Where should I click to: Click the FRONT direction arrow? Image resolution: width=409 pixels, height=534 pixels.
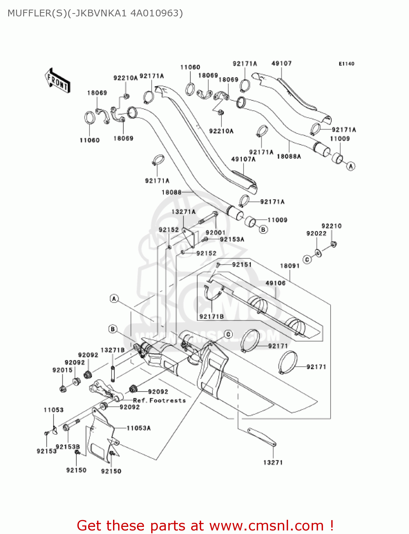coord(57,80)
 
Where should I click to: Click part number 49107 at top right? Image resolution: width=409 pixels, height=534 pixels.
coord(281,63)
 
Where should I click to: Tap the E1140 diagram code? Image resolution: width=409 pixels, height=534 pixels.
coord(346,64)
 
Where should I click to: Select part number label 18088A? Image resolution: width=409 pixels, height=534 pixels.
coord(288,156)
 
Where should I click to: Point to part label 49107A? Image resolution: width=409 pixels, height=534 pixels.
coord(243,159)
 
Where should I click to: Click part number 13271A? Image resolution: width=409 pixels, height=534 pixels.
coord(183,212)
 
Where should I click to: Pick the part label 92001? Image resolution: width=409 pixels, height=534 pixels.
coord(215,232)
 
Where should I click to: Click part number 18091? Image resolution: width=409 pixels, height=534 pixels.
coord(290,266)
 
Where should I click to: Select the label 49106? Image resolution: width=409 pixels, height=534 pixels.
coord(275,283)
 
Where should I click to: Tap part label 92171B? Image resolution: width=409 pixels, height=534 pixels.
coord(211,316)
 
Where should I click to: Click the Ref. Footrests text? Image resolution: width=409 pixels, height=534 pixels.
coord(159,400)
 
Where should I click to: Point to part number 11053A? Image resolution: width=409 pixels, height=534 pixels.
coord(138,428)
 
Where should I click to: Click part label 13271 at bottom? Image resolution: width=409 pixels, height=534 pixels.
coord(273,462)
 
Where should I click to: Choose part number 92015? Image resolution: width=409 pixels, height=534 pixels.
coord(62,370)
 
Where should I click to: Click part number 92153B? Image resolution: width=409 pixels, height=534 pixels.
coord(68,447)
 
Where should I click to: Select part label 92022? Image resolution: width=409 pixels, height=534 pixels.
coord(316,234)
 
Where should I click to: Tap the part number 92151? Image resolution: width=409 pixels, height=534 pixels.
coord(242,265)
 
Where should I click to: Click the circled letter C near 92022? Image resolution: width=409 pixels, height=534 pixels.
coord(307,260)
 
